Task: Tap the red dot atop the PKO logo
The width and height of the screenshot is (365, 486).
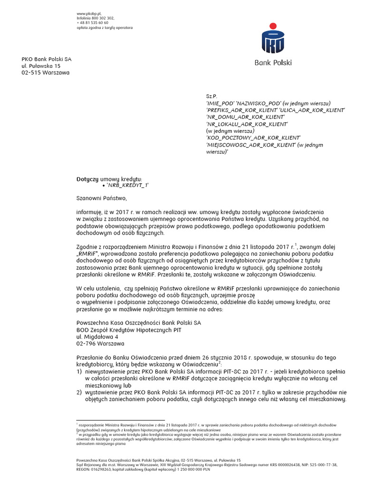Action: (x=273, y=26)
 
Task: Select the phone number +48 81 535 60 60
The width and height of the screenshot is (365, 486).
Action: (x=93, y=22)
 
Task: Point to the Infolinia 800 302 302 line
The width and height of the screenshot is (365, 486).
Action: (x=96, y=18)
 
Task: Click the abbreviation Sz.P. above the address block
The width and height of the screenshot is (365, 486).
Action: (x=211, y=96)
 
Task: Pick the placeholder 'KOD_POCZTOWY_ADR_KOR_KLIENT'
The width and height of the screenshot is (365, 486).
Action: (x=253, y=138)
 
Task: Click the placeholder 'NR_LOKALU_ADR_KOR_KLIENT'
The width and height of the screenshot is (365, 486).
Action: (x=247, y=124)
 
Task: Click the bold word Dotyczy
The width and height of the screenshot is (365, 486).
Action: (x=87, y=179)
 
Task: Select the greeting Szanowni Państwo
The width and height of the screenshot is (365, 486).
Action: (x=102, y=198)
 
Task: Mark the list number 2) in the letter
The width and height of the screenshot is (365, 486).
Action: (x=79, y=392)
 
